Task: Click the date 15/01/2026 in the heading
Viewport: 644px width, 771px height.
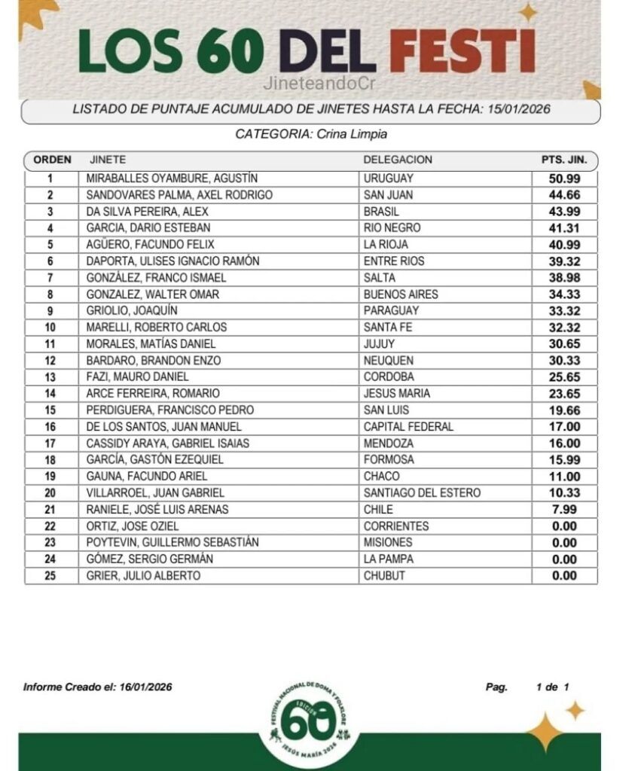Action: click(x=517, y=109)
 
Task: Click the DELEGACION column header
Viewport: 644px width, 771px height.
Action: click(x=398, y=160)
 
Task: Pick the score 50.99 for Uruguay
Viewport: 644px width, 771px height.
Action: click(x=564, y=178)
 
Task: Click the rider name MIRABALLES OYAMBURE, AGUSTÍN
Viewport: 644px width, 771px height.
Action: click(x=172, y=178)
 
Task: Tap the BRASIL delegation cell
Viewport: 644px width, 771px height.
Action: click(x=382, y=212)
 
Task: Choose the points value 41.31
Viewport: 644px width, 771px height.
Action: click(x=564, y=228)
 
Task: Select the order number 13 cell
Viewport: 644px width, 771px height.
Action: click(x=50, y=377)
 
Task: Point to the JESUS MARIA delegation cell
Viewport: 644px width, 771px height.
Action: click(x=397, y=394)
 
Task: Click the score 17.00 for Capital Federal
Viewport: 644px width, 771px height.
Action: click(x=564, y=427)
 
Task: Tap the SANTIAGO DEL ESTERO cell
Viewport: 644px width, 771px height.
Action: click(x=422, y=493)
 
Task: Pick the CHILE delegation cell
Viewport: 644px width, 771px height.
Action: click(x=379, y=510)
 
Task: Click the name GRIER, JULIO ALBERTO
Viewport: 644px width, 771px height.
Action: click(x=143, y=576)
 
